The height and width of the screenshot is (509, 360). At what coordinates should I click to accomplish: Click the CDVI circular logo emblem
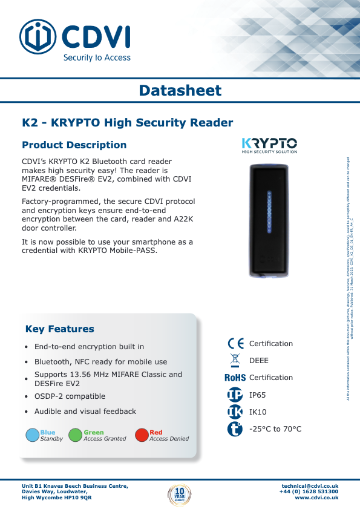coord(38,36)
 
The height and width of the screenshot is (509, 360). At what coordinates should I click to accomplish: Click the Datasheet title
coord(180,91)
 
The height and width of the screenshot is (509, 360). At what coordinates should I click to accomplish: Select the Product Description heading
coord(74,145)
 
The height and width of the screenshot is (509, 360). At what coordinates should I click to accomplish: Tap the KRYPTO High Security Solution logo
coord(269,145)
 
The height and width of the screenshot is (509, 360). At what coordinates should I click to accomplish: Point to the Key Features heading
coord(59,329)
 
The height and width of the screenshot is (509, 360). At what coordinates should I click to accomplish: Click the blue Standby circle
coord(33,435)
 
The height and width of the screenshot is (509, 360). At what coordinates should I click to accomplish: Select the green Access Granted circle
coord(75,435)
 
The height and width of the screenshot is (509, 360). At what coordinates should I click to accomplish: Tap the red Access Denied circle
coord(142,435)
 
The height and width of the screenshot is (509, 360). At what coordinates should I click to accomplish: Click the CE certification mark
coord(235,344)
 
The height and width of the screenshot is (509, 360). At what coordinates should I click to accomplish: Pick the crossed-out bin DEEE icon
coord(235,361)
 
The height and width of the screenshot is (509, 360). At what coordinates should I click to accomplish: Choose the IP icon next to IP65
coord(235,395)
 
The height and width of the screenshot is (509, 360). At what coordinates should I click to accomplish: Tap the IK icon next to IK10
coord(235,412)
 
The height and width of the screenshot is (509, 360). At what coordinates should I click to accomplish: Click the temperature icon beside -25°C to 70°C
coord(235,429)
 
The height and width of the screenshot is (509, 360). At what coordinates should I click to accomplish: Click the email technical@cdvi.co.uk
coord(310,486)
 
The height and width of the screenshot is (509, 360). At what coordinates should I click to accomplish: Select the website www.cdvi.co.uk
coord(316,498)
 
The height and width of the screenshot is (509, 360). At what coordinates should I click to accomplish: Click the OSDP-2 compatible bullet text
coord(70,396)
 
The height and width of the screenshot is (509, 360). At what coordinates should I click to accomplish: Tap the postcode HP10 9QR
coord(79,498)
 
